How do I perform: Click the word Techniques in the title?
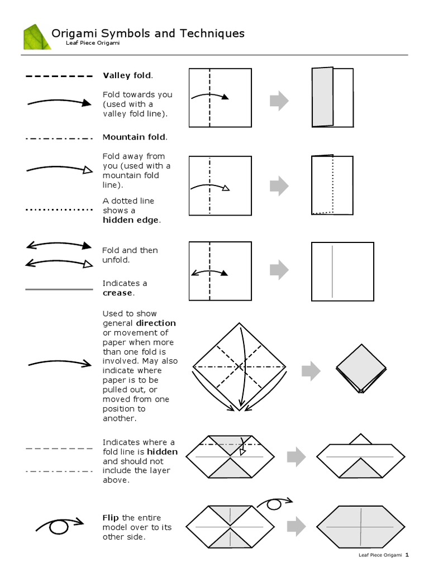coord(212,34)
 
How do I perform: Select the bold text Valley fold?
coord(127,75)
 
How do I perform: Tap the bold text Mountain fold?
coord(134,137)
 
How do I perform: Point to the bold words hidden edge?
coord(131,220)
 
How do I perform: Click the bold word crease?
coord(118,293)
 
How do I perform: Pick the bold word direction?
coord(156,323)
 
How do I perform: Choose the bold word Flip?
coord(111,518)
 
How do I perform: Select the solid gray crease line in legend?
coord(59,289)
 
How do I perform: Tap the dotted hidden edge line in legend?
coord(59,209)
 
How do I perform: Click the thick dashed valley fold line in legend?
coord(59,76)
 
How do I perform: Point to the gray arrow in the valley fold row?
coord(279,101)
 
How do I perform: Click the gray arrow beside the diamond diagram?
coord(311,371)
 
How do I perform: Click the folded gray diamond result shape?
coord(361,367)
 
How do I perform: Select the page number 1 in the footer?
coord(407,555)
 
